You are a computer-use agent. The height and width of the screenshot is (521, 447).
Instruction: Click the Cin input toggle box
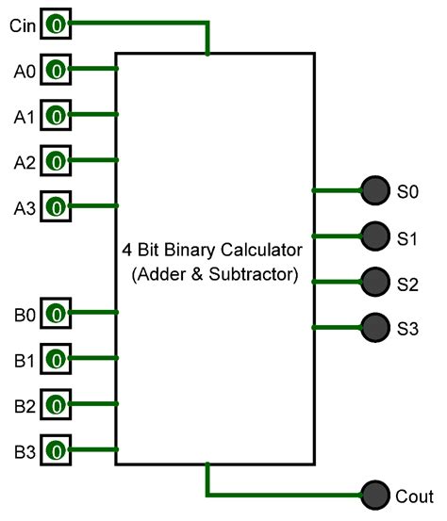pyautogui.click(x=56, y=24)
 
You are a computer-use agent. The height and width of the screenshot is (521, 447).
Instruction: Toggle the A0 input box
pyautogui.click(x=56, y=70)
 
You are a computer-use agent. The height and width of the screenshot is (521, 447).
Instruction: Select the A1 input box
pyautogui.click(x=56, y=116)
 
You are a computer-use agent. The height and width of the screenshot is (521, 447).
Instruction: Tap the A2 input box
pyautogui.click(x=56, y=161)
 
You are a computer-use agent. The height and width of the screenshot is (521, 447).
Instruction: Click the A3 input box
pyautogui.click(x=56, y=206)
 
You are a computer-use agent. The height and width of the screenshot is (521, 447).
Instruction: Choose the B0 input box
pyautogui.click(x=56, y=313)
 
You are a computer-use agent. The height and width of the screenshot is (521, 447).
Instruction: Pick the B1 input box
pyautogui.click(x=56, y=359)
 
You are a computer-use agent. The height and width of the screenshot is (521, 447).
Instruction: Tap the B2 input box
pyautogui.click(x=56, y=404)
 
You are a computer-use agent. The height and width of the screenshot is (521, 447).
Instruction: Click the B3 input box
pyautogui.click(x=56, y=449)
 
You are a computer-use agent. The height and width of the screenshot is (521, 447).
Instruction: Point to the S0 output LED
pyautogui.click(x=375, y=190)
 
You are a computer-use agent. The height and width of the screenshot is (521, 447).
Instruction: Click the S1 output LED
pyautogui.click(x=375, y=236)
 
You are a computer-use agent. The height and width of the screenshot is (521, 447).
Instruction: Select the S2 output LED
pyautogui.click(x=375, y=281)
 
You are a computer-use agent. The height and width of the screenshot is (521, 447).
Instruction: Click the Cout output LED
pyautogui.click(x=375, y=494)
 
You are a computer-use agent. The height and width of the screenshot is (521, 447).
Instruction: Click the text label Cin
pyautogui.click(x=22, y=25)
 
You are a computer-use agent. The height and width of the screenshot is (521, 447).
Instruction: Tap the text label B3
pyautogui.click(x=24, y=450)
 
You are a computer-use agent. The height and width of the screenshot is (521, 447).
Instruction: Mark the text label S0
pyautogui.click(x=407, y=191)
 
